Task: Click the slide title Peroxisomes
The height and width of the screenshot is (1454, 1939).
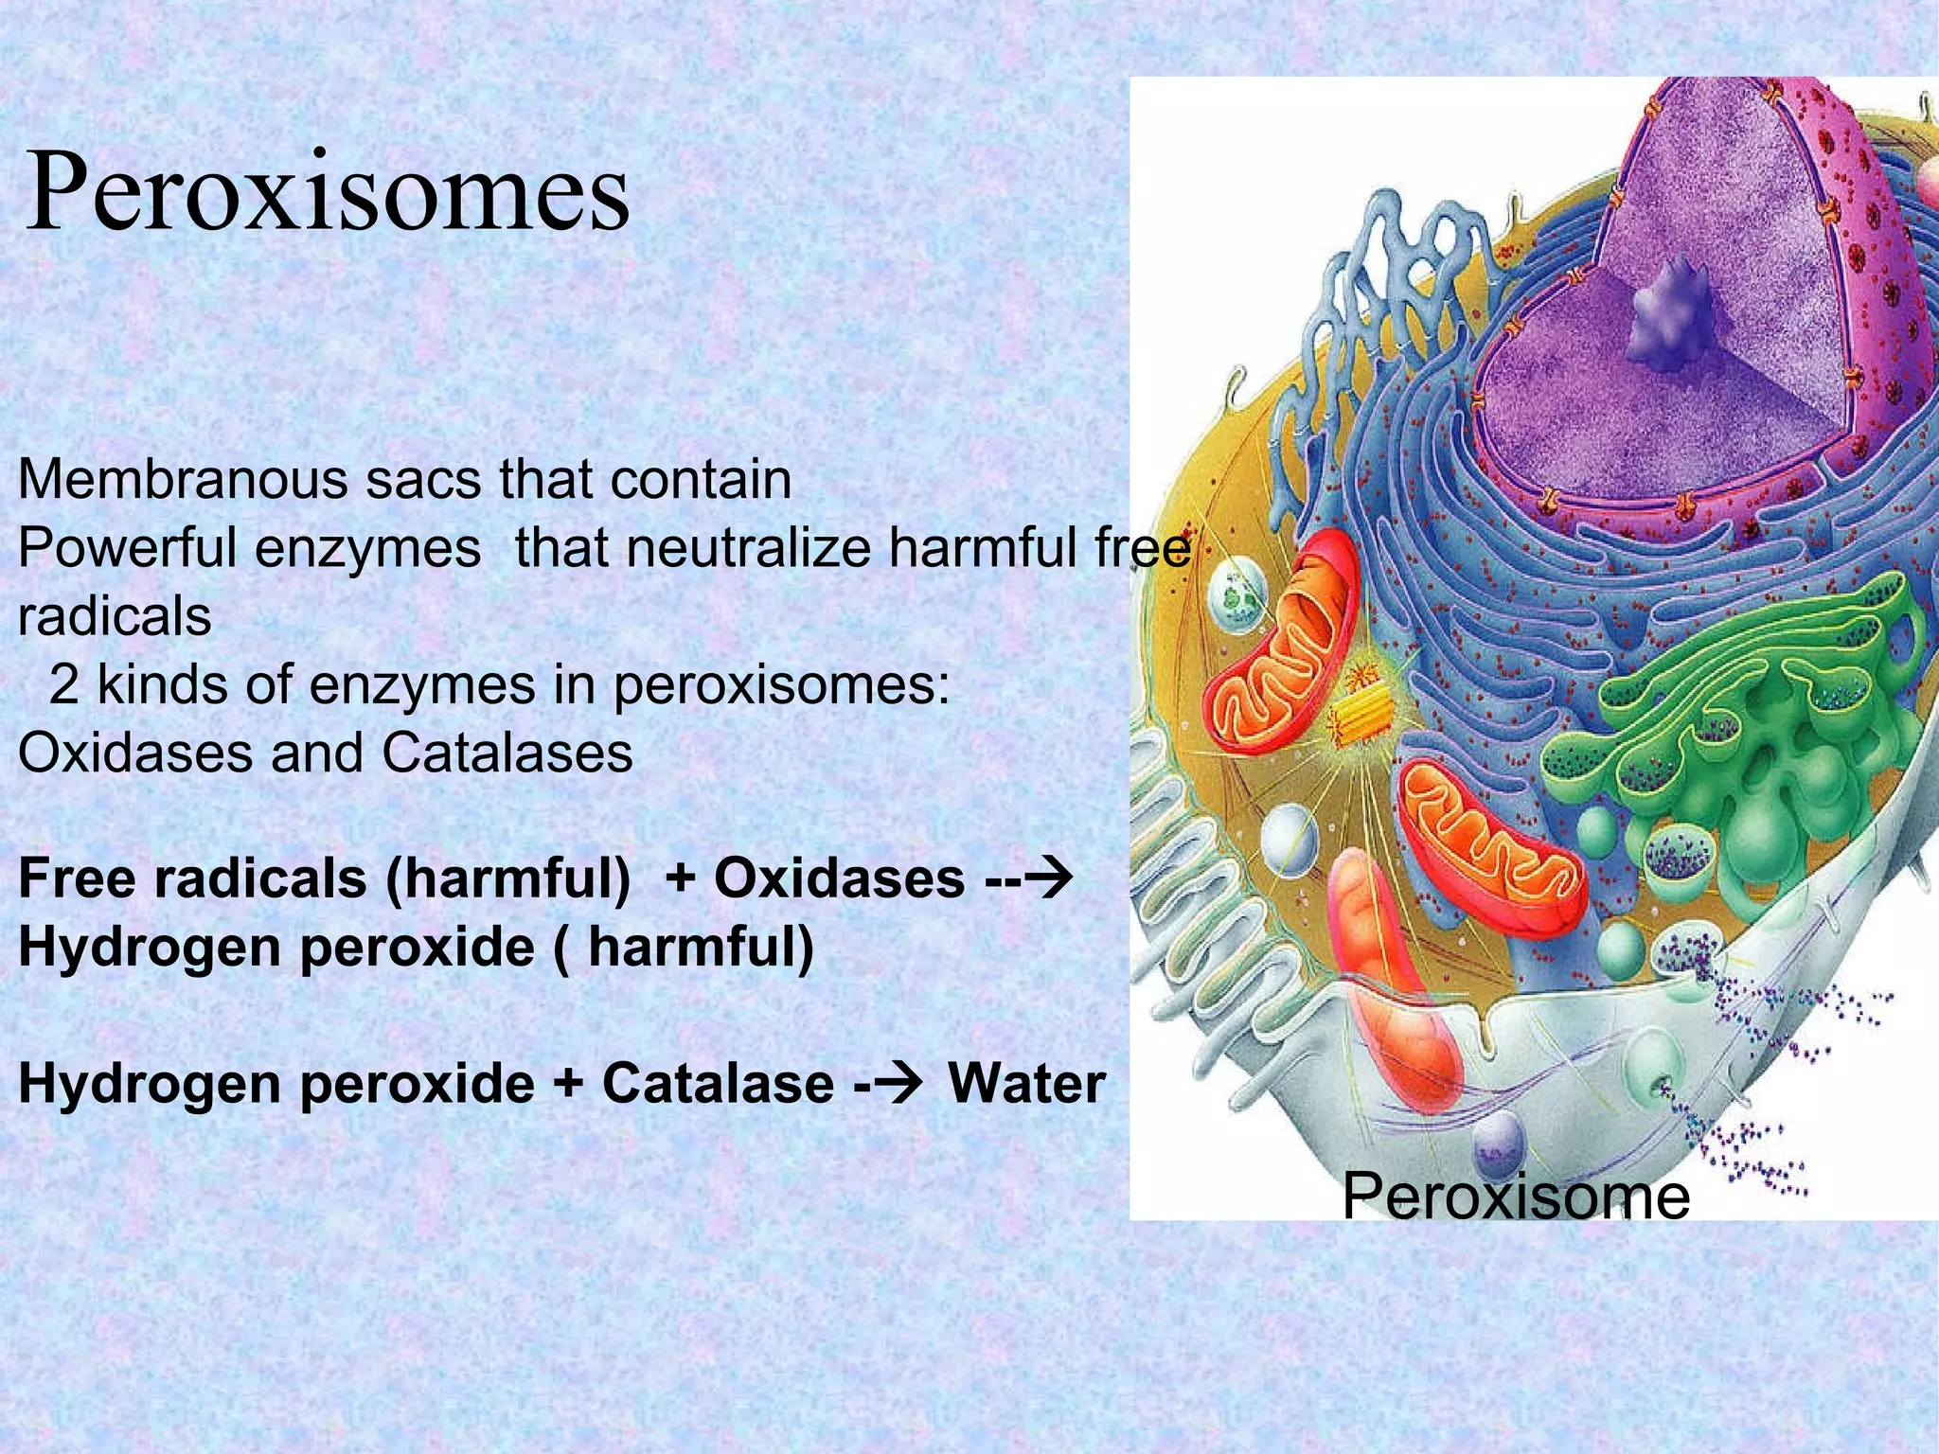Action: (x=327, y=194)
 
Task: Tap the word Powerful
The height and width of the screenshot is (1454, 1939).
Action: (x=127, y=548)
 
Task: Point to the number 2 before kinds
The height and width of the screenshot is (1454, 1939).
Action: (x=63, y=684)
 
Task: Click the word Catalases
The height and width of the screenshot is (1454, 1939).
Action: (x=507, y=754)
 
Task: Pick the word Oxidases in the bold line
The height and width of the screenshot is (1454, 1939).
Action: (x=839, y=878)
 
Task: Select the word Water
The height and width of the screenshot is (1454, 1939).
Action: (x=1026, y=1084)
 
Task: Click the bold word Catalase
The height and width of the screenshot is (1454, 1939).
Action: (x=718, y=1084)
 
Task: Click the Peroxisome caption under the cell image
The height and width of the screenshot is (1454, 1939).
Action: (x=1515, y=1196)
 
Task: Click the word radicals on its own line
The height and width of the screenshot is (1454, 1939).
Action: (x=115, y=617)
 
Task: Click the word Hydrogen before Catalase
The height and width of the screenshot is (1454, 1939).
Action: (x=148, y=1084)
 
